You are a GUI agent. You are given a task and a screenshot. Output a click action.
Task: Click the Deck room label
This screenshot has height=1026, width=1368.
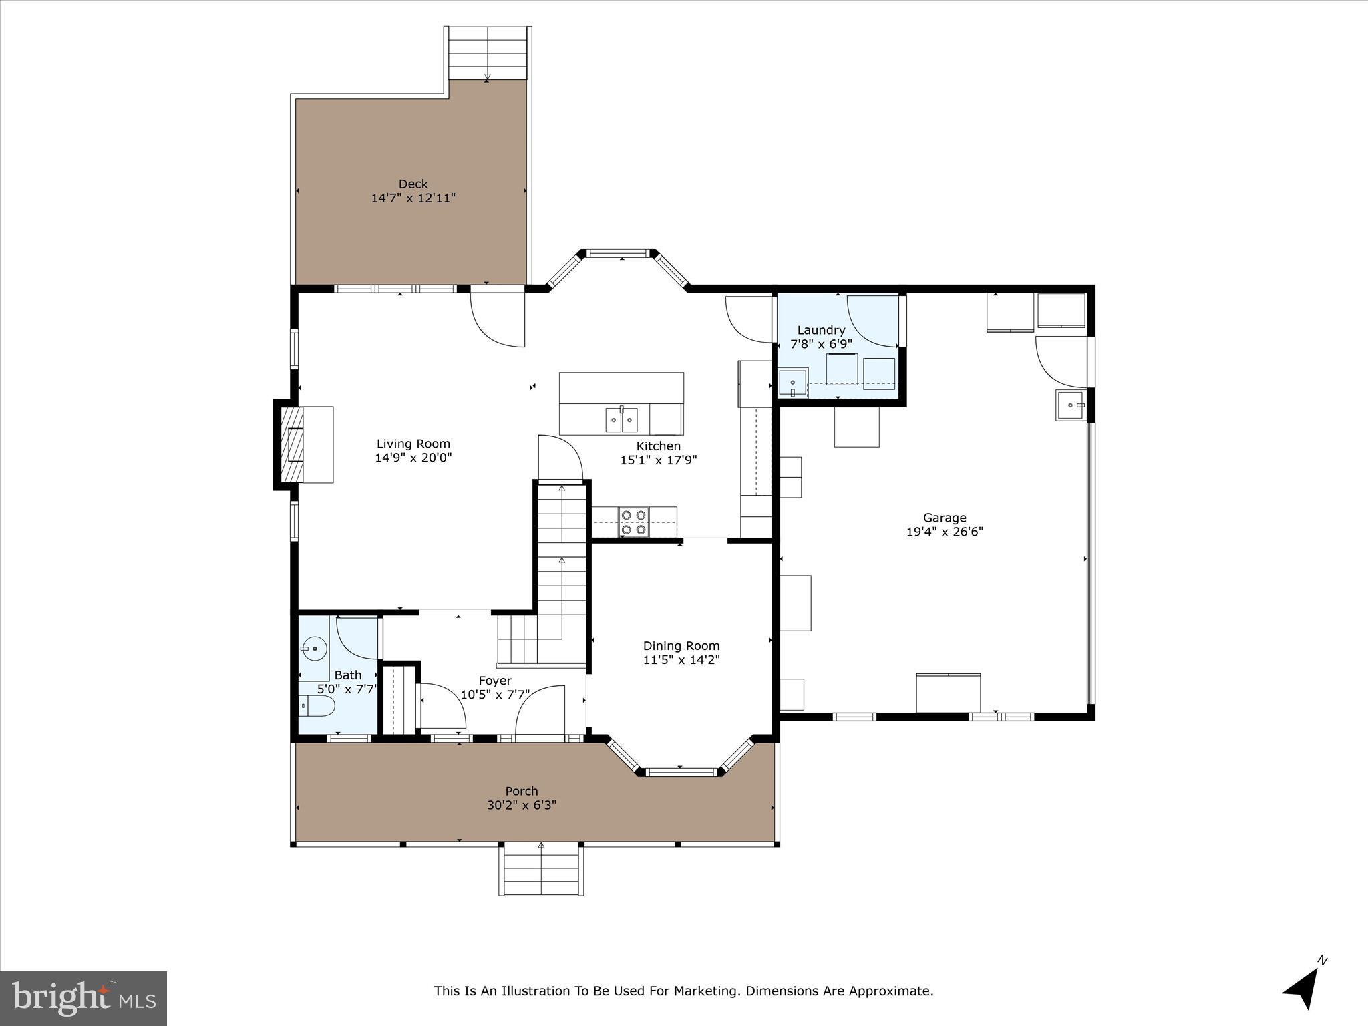[x=413, y=184]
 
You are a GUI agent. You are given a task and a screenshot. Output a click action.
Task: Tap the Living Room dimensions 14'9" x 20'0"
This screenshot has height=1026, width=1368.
[x=413, y=458]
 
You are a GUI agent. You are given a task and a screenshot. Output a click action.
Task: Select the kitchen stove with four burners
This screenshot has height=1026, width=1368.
[x=634, y=522]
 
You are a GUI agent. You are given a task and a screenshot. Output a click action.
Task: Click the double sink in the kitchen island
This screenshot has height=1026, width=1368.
[x=621, y=420]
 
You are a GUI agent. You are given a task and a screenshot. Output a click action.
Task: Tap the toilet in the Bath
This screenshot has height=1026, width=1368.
[x=316, y=705]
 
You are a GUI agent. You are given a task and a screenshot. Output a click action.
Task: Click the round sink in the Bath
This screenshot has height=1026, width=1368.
[x=313, y=648]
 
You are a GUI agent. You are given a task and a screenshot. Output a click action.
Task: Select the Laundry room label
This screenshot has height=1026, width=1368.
[x=821, y=330]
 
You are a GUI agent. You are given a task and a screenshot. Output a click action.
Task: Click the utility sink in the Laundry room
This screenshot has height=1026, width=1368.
[x=793, y=384]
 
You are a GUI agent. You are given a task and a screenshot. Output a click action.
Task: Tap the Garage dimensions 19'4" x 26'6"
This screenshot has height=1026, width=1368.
[x=945, y=532]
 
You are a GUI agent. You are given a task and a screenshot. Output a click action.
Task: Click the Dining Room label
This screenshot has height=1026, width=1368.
[x=681, y=645]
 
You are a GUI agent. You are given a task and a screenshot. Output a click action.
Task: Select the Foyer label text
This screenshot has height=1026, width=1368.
[x=494, y=681]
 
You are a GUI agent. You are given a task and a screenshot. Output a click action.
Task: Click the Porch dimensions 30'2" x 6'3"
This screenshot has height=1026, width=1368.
[x=521, y=806]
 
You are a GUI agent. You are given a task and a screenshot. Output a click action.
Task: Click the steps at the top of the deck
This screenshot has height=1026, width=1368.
[x=488, y=53]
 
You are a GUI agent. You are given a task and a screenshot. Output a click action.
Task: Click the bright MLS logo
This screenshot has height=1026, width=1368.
[x=83, y=998]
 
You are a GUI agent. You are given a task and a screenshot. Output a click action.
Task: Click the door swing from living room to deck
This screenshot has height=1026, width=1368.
[x=498, y=321]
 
